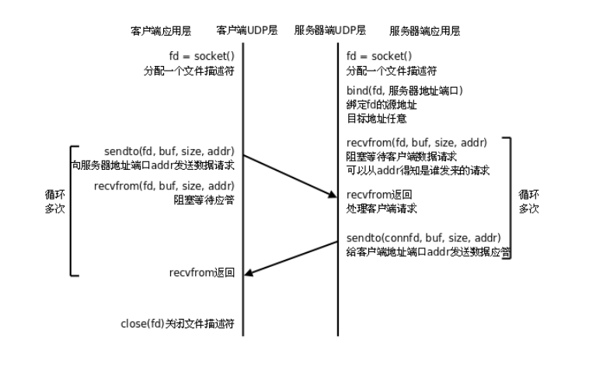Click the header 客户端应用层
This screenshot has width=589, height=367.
pyautogui.click(x=160, y=31)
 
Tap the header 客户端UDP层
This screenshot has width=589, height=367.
pyautogui.click(x=242, y=31)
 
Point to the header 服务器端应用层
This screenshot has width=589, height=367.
pyautogui.click(x=426, y=31)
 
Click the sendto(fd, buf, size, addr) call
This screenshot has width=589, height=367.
pyautogui.click(x=169, y=150)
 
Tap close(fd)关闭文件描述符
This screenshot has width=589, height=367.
pyautogui.click(x=178, y=322)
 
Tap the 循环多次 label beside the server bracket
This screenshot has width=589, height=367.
pyautogui.click(x=528, y=202)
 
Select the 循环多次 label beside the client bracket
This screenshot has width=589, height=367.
pyautogui.click(x=55, y=203)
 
